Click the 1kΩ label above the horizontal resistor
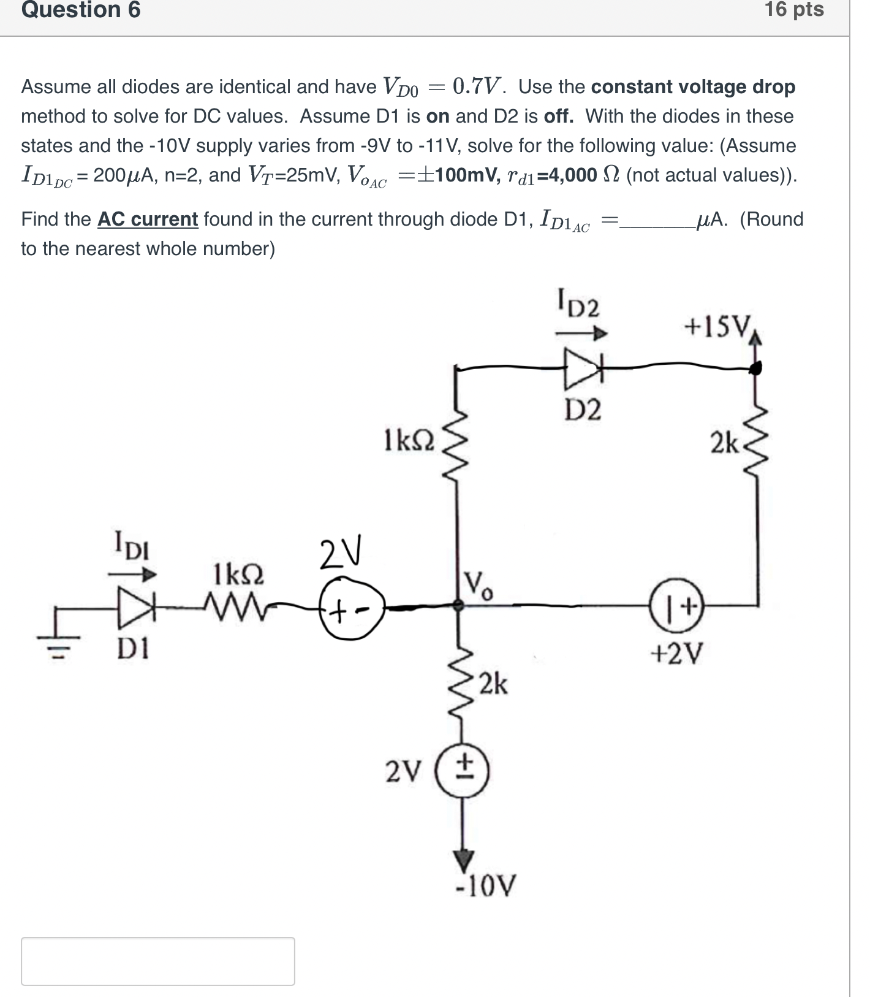point(239,575)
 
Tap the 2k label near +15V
point(725,442)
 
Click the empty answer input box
point(158,961)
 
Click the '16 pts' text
point(794,10)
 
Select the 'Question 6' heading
point(81,10)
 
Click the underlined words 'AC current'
point(148,219)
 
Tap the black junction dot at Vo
point(456,606)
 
